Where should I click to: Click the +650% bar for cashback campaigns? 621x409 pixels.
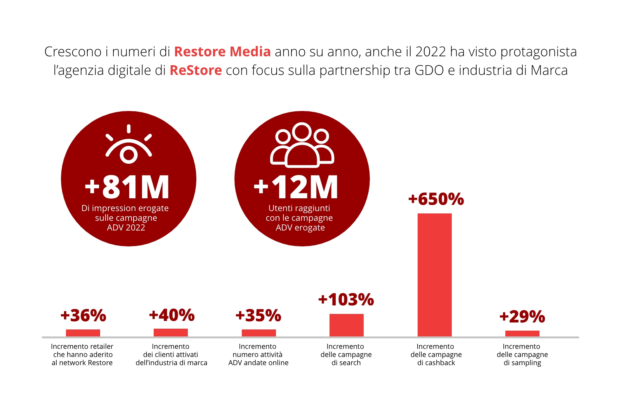(434, 274)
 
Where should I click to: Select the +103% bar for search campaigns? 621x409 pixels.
(346, 325)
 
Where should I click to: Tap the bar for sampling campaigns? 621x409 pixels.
(522, 333)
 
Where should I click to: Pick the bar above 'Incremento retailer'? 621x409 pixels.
(83, 333)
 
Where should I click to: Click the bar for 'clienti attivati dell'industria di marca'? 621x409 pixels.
(170, 332)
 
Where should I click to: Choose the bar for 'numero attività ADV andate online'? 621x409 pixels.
(258, 333)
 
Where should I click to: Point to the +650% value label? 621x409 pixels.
(436, 199)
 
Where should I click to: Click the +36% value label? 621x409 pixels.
(83, 315)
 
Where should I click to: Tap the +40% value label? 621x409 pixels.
(172, 315)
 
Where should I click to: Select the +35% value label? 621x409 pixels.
(258, 315)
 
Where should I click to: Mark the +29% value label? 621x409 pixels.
(522, 317)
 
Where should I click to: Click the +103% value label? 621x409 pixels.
(346, 300)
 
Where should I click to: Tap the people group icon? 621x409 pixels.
(302, 145)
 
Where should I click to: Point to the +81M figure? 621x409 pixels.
(127, 187)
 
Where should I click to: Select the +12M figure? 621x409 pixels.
(296, 187)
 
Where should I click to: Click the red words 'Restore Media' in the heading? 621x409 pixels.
(222, 52)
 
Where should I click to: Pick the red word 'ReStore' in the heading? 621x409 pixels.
(196, 70)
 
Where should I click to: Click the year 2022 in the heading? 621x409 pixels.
(430, 52)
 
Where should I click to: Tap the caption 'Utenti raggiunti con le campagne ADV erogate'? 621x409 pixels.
(299, 218)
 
